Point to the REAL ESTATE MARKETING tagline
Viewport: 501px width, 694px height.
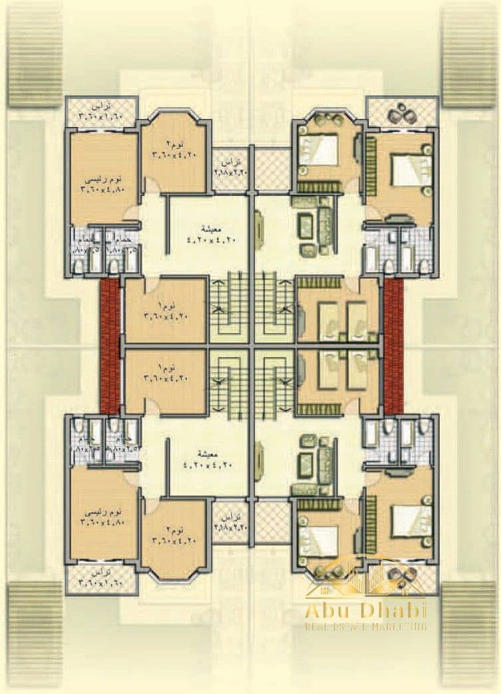click(365, 627)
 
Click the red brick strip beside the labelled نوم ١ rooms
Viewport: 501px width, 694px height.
click(110, 346)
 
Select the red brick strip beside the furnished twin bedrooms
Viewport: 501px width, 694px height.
click(394, 346)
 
